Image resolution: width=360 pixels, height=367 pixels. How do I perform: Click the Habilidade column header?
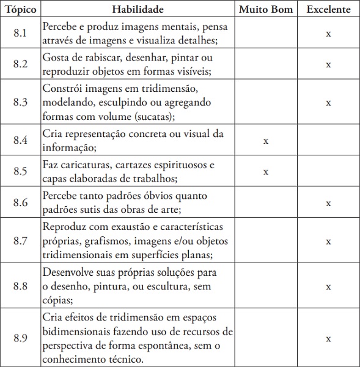coord(138,10)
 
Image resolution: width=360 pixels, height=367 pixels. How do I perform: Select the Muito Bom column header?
coord(266,10)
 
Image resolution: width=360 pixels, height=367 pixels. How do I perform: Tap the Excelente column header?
coord(328,10)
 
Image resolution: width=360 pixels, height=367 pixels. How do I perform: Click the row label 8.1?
coord(20,34)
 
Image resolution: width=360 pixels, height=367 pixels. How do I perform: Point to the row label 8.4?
coord(20,140)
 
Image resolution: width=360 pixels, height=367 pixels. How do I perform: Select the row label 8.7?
coord(20,241)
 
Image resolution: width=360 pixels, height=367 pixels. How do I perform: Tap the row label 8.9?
coord(20,338)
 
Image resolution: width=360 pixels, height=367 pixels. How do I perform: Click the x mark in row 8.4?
coord(266,141)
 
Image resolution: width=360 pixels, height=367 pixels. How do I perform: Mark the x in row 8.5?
coord(266,172)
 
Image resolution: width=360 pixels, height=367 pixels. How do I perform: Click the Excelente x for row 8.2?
coord(328,64)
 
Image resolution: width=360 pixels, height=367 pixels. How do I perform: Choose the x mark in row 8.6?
coord(328,203)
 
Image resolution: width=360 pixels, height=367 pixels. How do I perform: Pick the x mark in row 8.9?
coord(328,338)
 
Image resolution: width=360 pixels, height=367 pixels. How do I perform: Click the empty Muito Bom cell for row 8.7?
coord(266,241)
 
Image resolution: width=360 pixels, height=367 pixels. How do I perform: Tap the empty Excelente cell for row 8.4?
coord(328,140)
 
